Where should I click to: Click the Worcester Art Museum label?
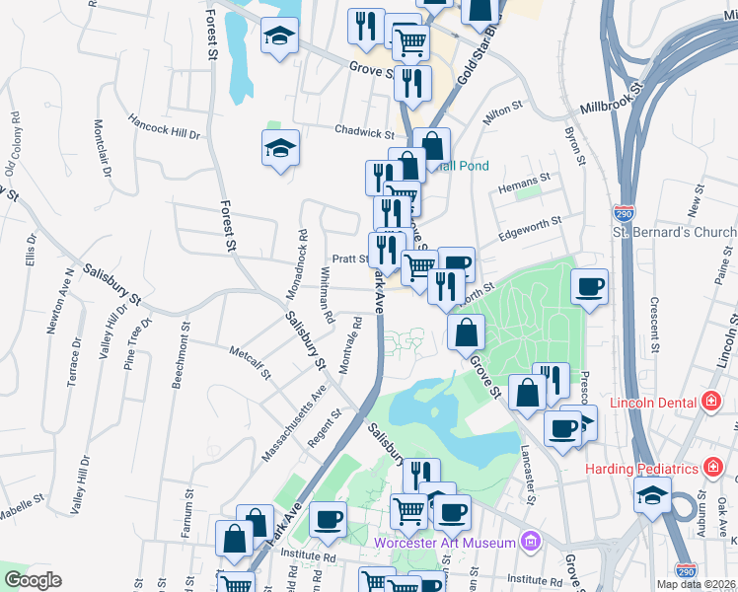(445, 542)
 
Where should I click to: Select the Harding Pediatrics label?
(640, 468)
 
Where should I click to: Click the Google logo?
(33, 580)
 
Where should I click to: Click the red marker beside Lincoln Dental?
(710, 402)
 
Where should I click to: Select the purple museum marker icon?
(532, 542)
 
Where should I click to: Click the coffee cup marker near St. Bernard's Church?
(589, 287)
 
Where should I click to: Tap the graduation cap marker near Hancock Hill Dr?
(280, 149)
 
